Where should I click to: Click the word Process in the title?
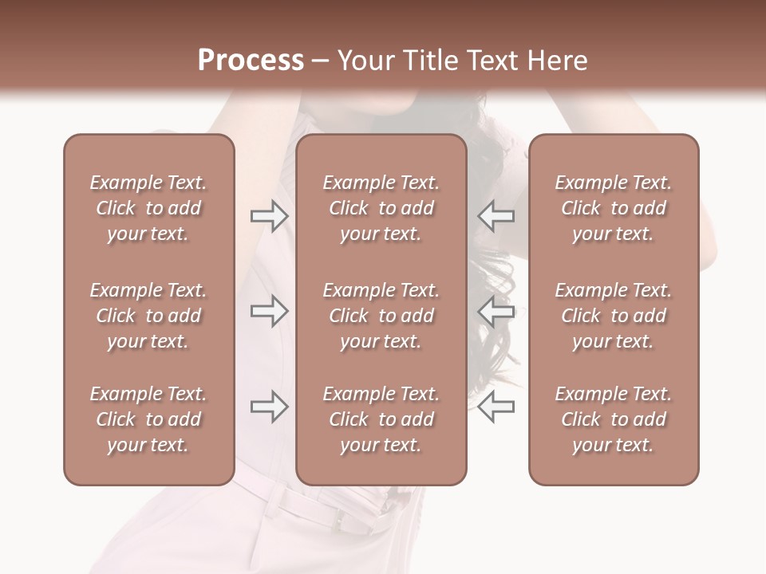[251, 61]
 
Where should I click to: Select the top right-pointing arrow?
[269, 216]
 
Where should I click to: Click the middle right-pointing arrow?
[269, 311]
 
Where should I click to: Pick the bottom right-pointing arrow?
[269, 407]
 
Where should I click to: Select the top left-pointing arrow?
[496, 216]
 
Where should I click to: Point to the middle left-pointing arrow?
[496, 311]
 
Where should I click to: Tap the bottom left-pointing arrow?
[496, 407]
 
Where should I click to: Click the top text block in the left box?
[148, 208]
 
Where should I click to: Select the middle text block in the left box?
[148, 316]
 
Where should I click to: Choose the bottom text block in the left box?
[148, 419]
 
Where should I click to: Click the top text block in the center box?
[381, 208]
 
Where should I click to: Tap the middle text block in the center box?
[381, 316]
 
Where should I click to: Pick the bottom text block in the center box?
[381, 419]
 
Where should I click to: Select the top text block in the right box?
[613, 208]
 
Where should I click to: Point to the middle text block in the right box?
[613, 316]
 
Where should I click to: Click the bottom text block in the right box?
[613, 419]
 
